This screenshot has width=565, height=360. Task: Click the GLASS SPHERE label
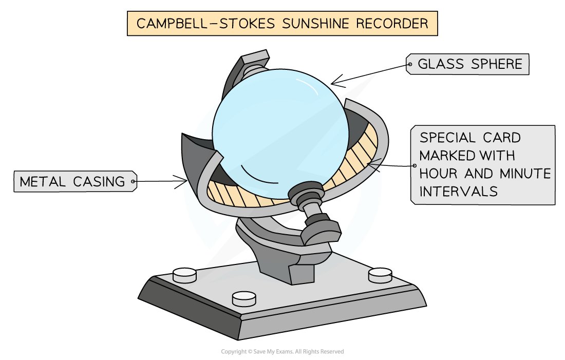[x=470, y=64]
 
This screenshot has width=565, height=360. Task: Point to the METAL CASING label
[x=72, y=181]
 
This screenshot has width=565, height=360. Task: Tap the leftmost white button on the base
[x=185, y=275]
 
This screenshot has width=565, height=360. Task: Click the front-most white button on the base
[x=244, y=298]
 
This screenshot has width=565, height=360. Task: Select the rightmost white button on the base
[x=381, y=275]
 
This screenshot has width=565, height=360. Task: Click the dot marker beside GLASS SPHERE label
[x=409, y=65]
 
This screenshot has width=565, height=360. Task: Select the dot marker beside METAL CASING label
[x=133, y=181]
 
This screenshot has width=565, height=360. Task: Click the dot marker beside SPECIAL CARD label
[x=414, y=165]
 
